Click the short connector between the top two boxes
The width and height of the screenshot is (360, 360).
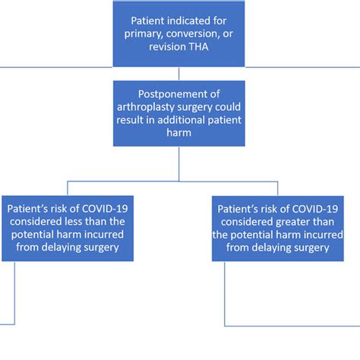179,73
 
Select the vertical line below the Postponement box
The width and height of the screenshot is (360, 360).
179,163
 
